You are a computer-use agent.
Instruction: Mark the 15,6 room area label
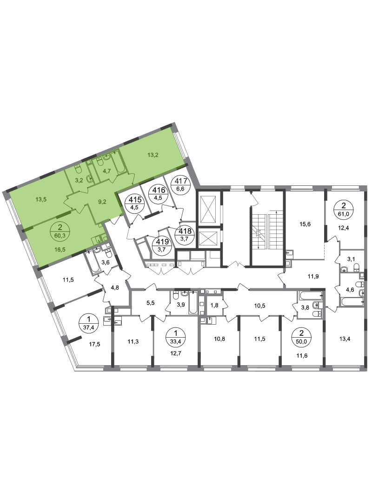click(305, 224)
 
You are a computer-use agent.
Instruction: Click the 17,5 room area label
click(94, 344)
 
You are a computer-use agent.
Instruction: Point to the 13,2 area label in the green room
click(153, 155)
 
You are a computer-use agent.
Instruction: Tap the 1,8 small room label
click(214, 306)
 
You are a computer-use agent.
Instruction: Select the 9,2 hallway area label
click(102, 202)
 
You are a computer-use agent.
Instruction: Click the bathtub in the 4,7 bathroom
click(118, 162)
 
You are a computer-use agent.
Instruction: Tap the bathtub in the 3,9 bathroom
click(193, 302)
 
